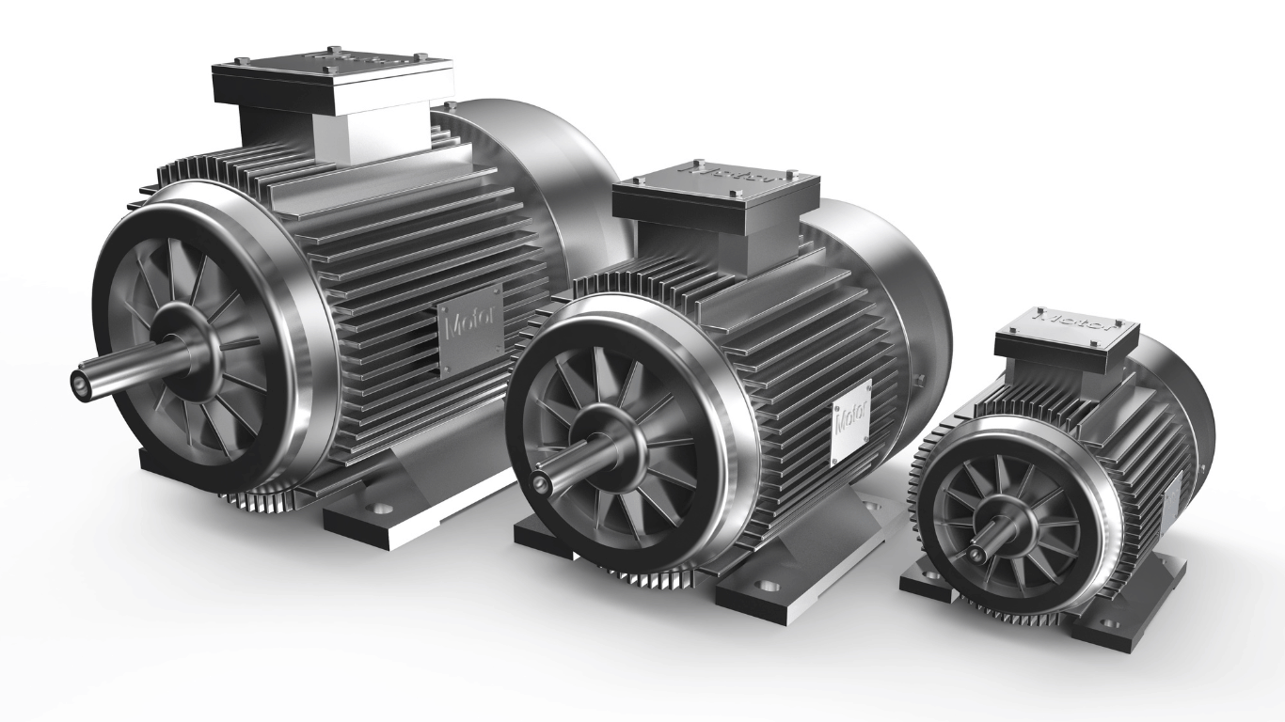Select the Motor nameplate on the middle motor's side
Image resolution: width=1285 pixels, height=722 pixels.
[x=851, y=420]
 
